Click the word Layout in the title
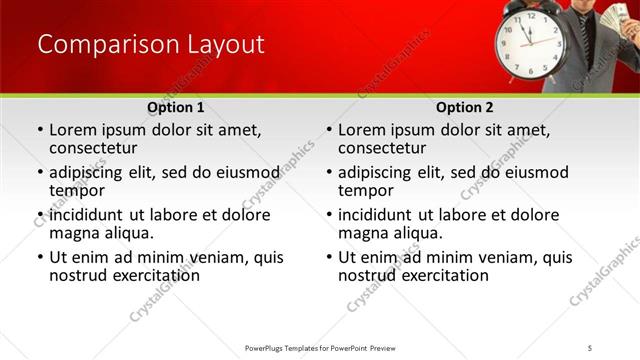pyautogui.click(x=226, y=45)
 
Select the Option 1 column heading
pyautogui.click(x=175, y=107)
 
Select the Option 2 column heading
pyautogui.click(x=464, y=107)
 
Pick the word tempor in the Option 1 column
pyautogui.click(x=78, y=190)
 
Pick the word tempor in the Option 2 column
pyautogui.click(x=367, y=190)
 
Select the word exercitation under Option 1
pyautogui.click(x=145, y=275)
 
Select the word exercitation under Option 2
pyautogui.click(x=434, y=275)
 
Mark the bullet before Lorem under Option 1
pyautogui.click(x=39, y=130)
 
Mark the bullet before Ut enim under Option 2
pyautogui.click(x=328, y=257)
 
